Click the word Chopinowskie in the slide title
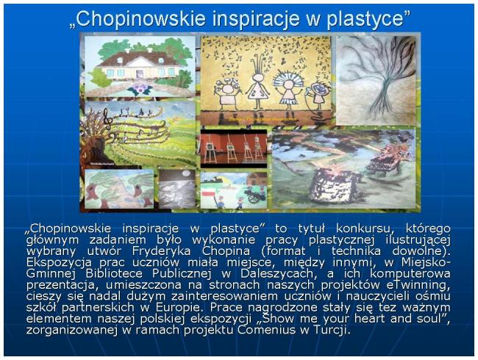coord(140,18)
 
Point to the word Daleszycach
coord(279,273)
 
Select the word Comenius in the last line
coord(266,330)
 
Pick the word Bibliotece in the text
coord(114,273)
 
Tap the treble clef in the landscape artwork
coord(107,119)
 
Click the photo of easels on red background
coord(234,148)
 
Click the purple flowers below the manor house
coord(140,89)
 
